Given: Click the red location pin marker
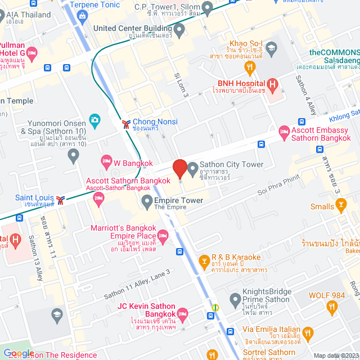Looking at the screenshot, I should [179, 168].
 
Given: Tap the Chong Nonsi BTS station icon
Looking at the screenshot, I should [127, 122].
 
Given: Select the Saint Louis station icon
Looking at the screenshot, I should [60, 199].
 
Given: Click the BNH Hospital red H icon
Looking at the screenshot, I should [273, 85].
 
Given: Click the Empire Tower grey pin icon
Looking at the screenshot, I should [147, 201].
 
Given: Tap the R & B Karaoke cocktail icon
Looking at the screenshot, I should [204, 260].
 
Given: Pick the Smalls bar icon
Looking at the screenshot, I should [341, 206].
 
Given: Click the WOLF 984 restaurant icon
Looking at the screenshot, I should [331, 307].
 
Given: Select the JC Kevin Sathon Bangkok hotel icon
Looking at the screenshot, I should [182, 313].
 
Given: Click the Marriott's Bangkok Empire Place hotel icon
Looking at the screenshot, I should [163, 235].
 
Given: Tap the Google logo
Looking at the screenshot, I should [19, 353].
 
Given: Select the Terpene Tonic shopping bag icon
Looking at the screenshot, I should [84, 15].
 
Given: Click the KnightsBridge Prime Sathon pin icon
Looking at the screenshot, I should [235, 298].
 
